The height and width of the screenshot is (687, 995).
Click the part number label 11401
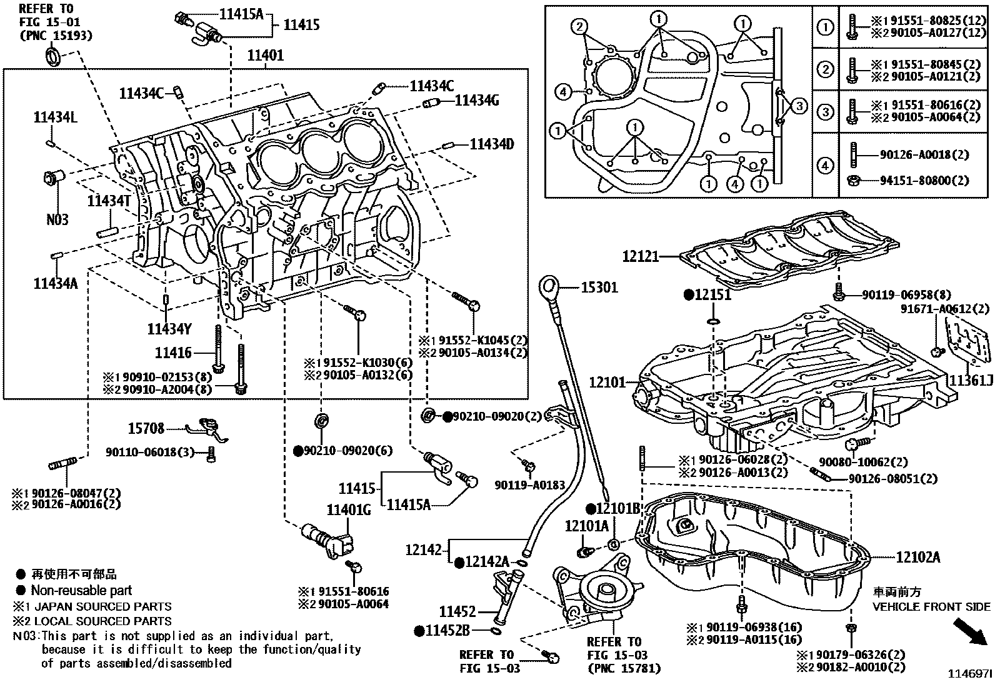coord(266,56)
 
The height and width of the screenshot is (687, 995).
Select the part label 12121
coord(641,256)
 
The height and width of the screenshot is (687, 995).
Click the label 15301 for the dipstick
coord(599,288)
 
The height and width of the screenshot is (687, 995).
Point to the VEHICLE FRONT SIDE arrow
coord(972,632)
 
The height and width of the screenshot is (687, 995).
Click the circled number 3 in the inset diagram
coord(799,106)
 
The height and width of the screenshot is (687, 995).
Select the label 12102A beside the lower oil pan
coord(917,557)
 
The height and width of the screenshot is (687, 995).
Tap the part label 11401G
coord(348,511)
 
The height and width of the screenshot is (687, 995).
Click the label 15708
coord(146,428)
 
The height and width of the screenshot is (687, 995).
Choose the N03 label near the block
coord(57,219)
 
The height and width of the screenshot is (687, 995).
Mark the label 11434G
coord(477,100)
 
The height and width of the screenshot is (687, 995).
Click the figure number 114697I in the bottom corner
coord(970,674)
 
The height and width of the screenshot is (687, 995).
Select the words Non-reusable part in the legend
coord(81,590)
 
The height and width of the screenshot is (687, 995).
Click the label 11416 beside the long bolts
coord(173,353)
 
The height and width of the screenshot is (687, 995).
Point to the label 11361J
coord(971,380)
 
